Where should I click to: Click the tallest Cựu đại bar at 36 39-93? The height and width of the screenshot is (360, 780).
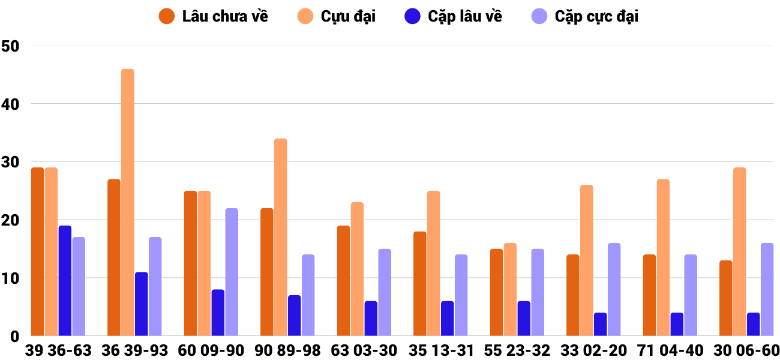(x=128, y=203)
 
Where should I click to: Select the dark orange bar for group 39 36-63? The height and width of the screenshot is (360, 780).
(x=37, y=252)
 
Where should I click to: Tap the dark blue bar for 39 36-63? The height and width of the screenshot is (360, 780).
(x=65, y=281)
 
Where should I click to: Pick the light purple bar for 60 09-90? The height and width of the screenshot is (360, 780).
(x=232, y=272)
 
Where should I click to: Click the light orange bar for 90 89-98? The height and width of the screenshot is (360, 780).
(x=281, y=238)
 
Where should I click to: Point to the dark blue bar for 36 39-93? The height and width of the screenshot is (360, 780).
(x=141, y=304)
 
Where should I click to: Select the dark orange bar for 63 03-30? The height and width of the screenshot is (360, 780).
(x=343, y=281)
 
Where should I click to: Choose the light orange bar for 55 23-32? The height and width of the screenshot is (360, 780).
(x=510, y=290)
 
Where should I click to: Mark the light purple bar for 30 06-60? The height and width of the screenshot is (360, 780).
(x=767, y=290)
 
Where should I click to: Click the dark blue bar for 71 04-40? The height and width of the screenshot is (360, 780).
(x=677, y=325)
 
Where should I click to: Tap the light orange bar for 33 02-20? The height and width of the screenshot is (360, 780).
(x=587, y=260)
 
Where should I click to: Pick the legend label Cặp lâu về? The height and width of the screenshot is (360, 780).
(x=465, y=16)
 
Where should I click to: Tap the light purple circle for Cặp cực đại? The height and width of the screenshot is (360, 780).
(x=540, y=16)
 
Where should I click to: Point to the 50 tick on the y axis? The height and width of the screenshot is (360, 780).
(x=11, y=46)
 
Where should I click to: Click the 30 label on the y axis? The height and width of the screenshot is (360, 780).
(x=11, y=162)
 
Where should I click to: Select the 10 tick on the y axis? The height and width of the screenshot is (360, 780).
(x=11, y=278)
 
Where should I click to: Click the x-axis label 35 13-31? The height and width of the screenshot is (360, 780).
(x=441, y=350)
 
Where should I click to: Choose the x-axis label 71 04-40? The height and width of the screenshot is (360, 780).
(x=670, y=350)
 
